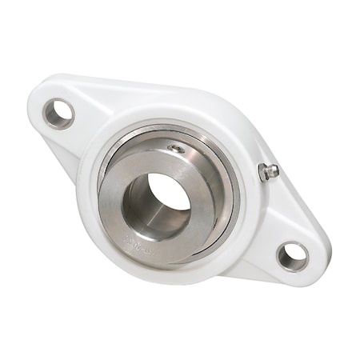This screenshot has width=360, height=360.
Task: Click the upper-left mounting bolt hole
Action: (x=58, y=114)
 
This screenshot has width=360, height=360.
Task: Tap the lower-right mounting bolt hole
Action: (x=292, y=255)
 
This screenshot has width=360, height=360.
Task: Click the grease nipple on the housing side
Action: (x=270, y=170)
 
